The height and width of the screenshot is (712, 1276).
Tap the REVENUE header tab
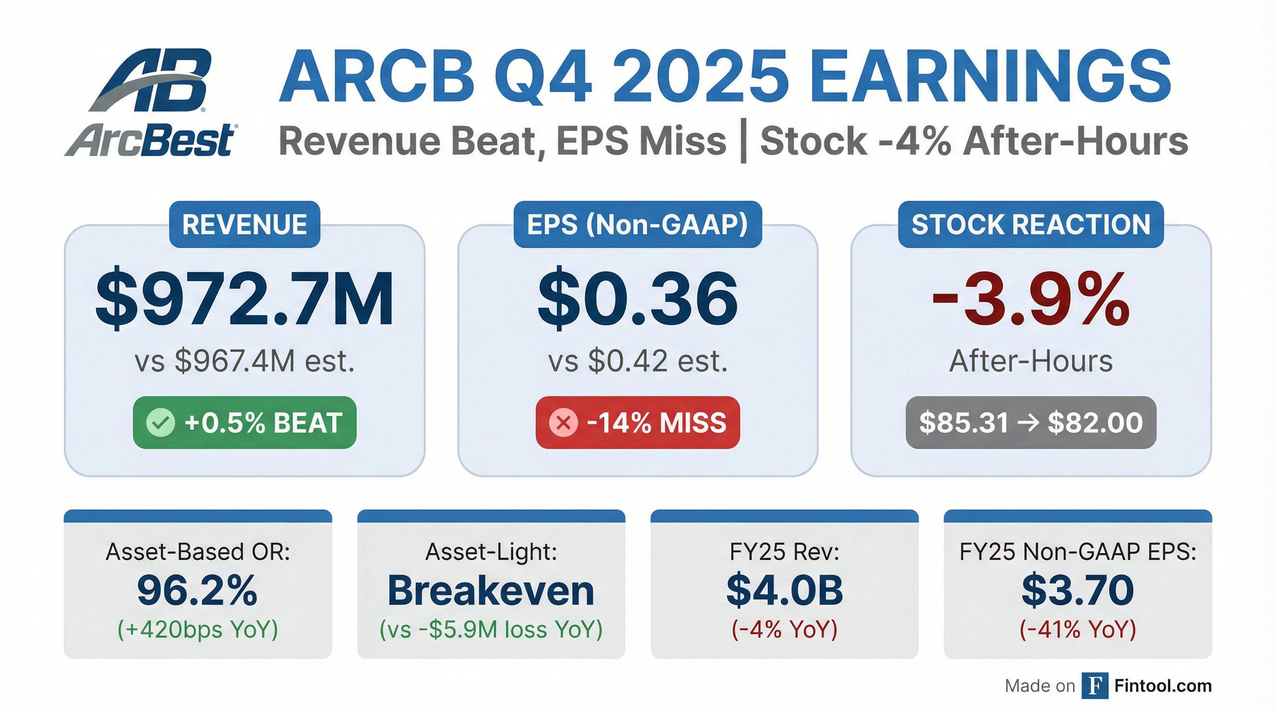click(245, 224)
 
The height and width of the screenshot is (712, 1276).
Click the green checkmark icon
click(160, 423)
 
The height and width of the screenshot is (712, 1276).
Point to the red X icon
click(563, 423)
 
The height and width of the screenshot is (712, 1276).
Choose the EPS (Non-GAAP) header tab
click(638, 224)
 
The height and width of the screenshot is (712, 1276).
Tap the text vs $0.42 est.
click(638, 361)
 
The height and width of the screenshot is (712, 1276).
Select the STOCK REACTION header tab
click(1031, 224)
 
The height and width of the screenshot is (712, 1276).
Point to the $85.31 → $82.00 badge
click(1031, 423)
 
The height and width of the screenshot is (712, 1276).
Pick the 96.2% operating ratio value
click(198, 590)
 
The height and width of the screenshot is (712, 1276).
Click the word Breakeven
click(491, 590)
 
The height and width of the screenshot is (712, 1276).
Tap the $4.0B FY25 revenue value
click(785, 590)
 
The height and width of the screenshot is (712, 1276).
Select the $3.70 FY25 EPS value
click(1078, 590)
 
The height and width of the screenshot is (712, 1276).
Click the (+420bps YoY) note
click(198, 629)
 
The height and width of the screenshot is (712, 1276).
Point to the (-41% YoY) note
click(1078, 629)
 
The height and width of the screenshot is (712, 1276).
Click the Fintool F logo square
click(1095, 686)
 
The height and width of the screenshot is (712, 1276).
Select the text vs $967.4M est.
click(245, 361)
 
